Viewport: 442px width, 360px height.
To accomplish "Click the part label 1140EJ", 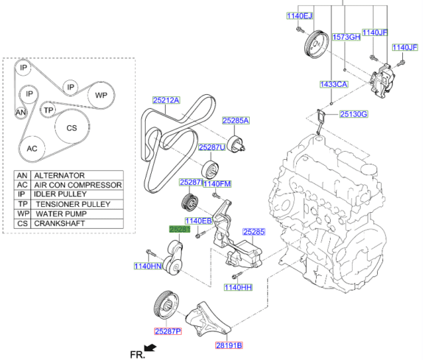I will tap(299, 15).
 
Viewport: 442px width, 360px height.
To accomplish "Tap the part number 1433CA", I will tap(333, 85).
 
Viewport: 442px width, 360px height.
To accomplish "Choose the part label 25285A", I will tap(236, 120).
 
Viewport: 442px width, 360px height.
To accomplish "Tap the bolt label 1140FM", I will tap(217, 183).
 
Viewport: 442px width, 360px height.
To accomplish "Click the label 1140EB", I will tap(198, 220).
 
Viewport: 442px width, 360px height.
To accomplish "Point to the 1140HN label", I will tap(147, 266).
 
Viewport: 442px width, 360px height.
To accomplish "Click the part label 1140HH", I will tap(238, 287).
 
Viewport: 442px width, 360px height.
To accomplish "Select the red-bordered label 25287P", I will tap(167, 332).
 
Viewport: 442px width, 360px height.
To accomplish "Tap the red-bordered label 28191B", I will tap(228, 345).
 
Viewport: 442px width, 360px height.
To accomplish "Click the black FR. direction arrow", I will tap(151, 346).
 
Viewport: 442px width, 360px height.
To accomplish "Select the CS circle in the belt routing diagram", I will tap(71, 127).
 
